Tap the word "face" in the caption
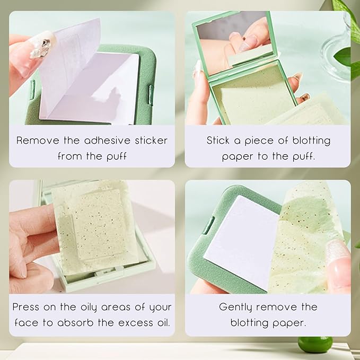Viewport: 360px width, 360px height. [24, 322]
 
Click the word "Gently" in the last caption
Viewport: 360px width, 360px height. [237, 307]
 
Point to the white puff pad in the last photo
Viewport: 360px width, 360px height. [241, 239]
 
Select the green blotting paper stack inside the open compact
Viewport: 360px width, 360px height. [249, 95]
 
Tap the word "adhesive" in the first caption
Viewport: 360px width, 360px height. [92, 141]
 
